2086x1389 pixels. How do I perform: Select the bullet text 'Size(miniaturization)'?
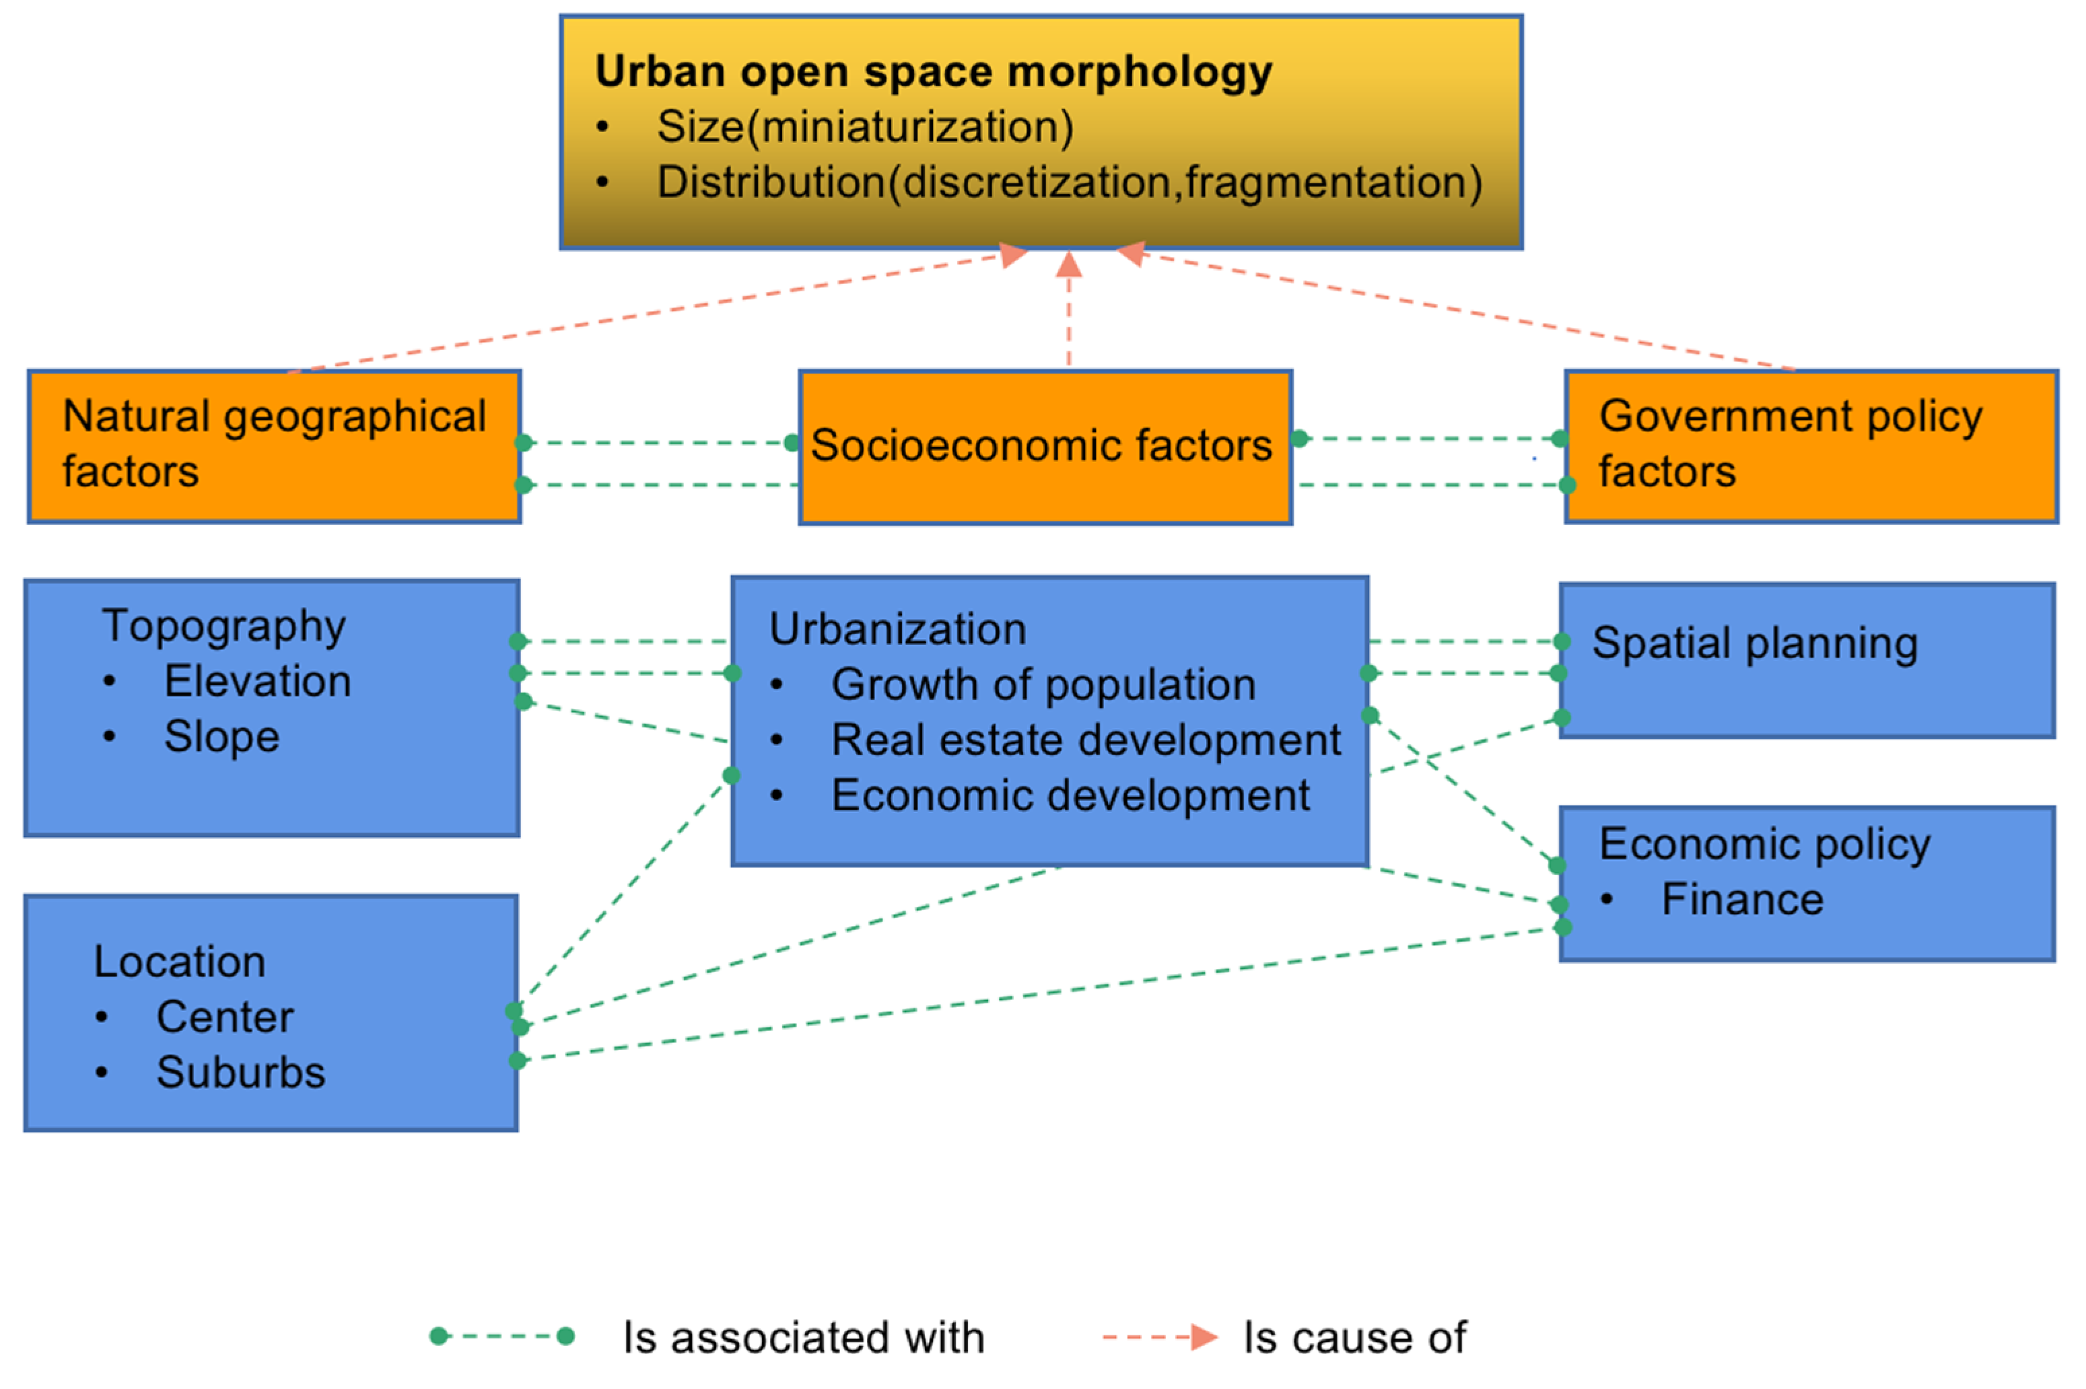tap(864, 127)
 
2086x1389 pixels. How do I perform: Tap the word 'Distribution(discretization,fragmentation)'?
tap(1069, 182)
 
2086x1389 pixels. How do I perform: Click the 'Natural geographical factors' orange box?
tap(274, 446)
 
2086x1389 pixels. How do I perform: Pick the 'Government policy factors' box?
tap(1811, 446)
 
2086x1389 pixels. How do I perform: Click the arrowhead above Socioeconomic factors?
tap(1068, 264)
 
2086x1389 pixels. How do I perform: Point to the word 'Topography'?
tap(223, 627)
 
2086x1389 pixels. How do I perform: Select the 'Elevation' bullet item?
tap(258, 681)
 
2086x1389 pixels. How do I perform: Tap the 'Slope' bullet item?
tap(221, 736)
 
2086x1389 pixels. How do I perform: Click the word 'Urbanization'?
tap(897, 629)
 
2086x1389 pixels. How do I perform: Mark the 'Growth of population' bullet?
tap(1043, 685)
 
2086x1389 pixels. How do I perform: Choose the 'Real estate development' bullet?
tap(1085, 740)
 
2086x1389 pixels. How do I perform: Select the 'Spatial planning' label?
tap(1754, 643)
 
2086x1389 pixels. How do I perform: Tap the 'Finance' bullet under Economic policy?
tap(1741, 899)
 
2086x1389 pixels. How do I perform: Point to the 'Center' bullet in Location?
tap(225, 1017)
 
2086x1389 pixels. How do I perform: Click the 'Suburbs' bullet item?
tap(241, 1072)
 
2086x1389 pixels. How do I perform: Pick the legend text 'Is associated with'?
tap(802, 1338)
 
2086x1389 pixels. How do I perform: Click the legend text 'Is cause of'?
tap(1354, 1338)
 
